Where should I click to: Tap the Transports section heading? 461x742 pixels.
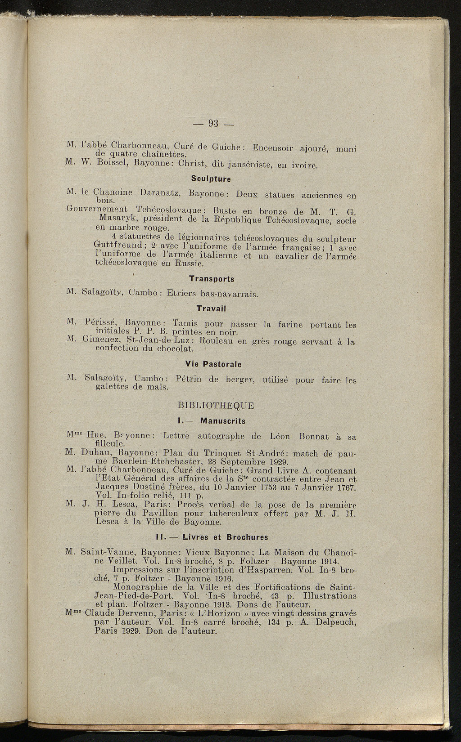click(212, 279)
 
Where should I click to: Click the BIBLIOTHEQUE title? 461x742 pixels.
click(216, 405)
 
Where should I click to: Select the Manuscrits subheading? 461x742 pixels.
click(222, 421)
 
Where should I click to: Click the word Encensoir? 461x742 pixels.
click(274, 147)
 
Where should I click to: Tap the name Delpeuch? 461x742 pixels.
click(334, 623)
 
